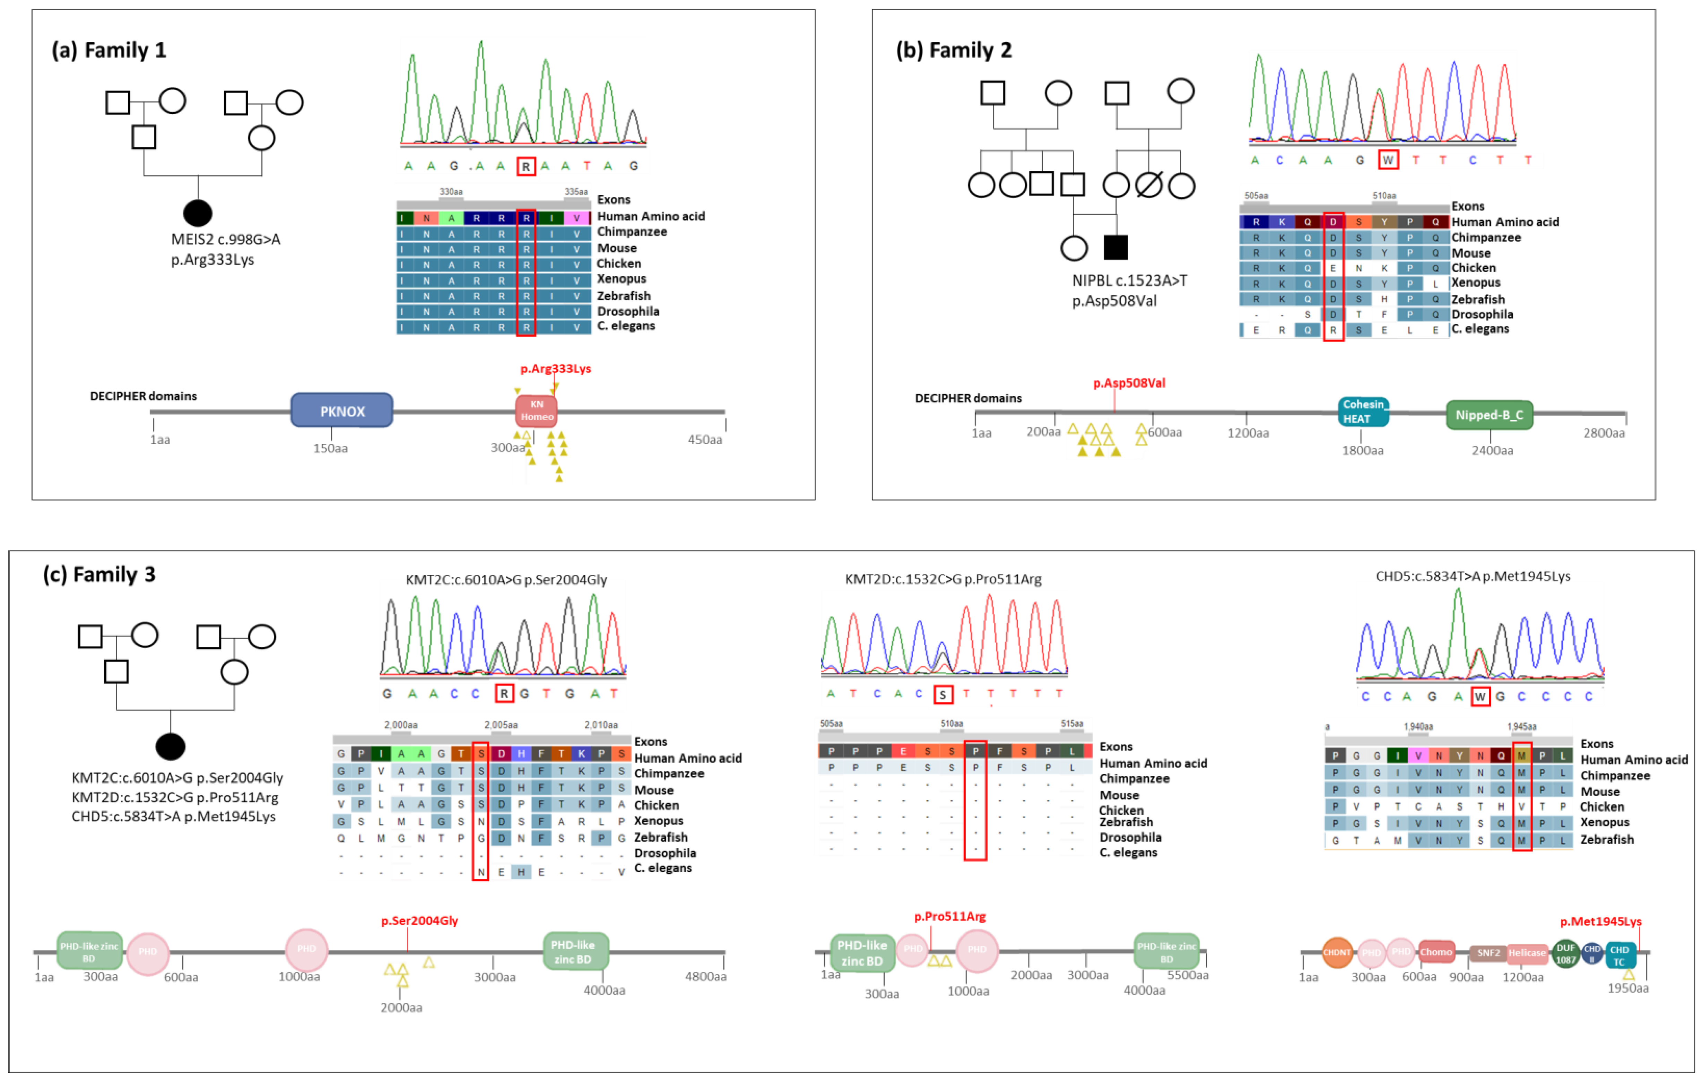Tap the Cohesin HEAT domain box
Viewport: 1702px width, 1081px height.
coord(1363,412)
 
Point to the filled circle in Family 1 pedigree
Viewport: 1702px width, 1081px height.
coord(198,213)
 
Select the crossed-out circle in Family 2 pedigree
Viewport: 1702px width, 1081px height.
coord(1148,185)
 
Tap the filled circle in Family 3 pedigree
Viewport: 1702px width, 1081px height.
coord(170,746)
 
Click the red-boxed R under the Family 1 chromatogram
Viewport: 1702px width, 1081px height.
coord(526,167)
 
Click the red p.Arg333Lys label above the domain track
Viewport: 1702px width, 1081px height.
coord(556,368)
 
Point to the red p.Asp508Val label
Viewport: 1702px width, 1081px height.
coord(1129,383)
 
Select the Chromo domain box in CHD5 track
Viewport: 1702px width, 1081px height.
coord(1435,952)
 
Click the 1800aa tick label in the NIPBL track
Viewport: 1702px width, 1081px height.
coord(1362,450)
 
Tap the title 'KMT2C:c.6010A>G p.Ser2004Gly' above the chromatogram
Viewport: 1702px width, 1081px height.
coord(506,580)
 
